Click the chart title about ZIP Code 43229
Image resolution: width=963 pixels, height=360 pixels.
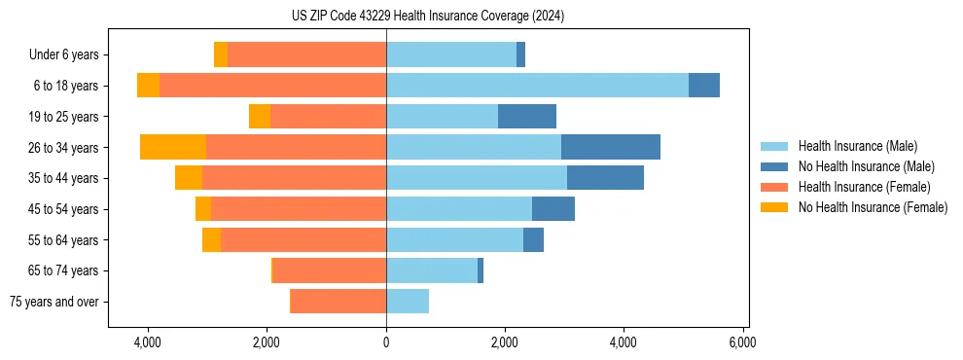pos(427,16)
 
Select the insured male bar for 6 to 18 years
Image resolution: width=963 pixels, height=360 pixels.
pos(537,86)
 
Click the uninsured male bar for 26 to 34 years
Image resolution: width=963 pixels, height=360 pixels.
pos(611,148)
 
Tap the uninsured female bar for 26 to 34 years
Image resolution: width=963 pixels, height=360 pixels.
pos(173,148)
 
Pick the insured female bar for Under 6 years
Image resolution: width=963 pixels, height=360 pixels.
pos(306,55)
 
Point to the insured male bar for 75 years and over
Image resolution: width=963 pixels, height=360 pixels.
pos(408,302)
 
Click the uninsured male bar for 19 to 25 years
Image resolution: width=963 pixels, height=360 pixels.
pos(527,117)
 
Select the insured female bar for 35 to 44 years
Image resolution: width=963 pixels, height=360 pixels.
pos(294,178)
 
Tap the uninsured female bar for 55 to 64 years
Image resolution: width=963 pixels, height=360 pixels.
pos(211,240)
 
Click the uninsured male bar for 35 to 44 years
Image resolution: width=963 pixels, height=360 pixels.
pos(605,178)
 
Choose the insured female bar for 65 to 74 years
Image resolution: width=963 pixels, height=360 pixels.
pos(330,270)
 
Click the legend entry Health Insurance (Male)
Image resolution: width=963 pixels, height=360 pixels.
pos(857,146)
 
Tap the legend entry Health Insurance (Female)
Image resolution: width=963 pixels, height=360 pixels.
pos(864,187)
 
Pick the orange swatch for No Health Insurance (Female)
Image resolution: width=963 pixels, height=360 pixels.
pos(774,207)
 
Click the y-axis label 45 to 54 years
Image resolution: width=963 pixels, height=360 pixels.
pos(64,209)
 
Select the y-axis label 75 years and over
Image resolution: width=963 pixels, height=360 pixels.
pos(54,302)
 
